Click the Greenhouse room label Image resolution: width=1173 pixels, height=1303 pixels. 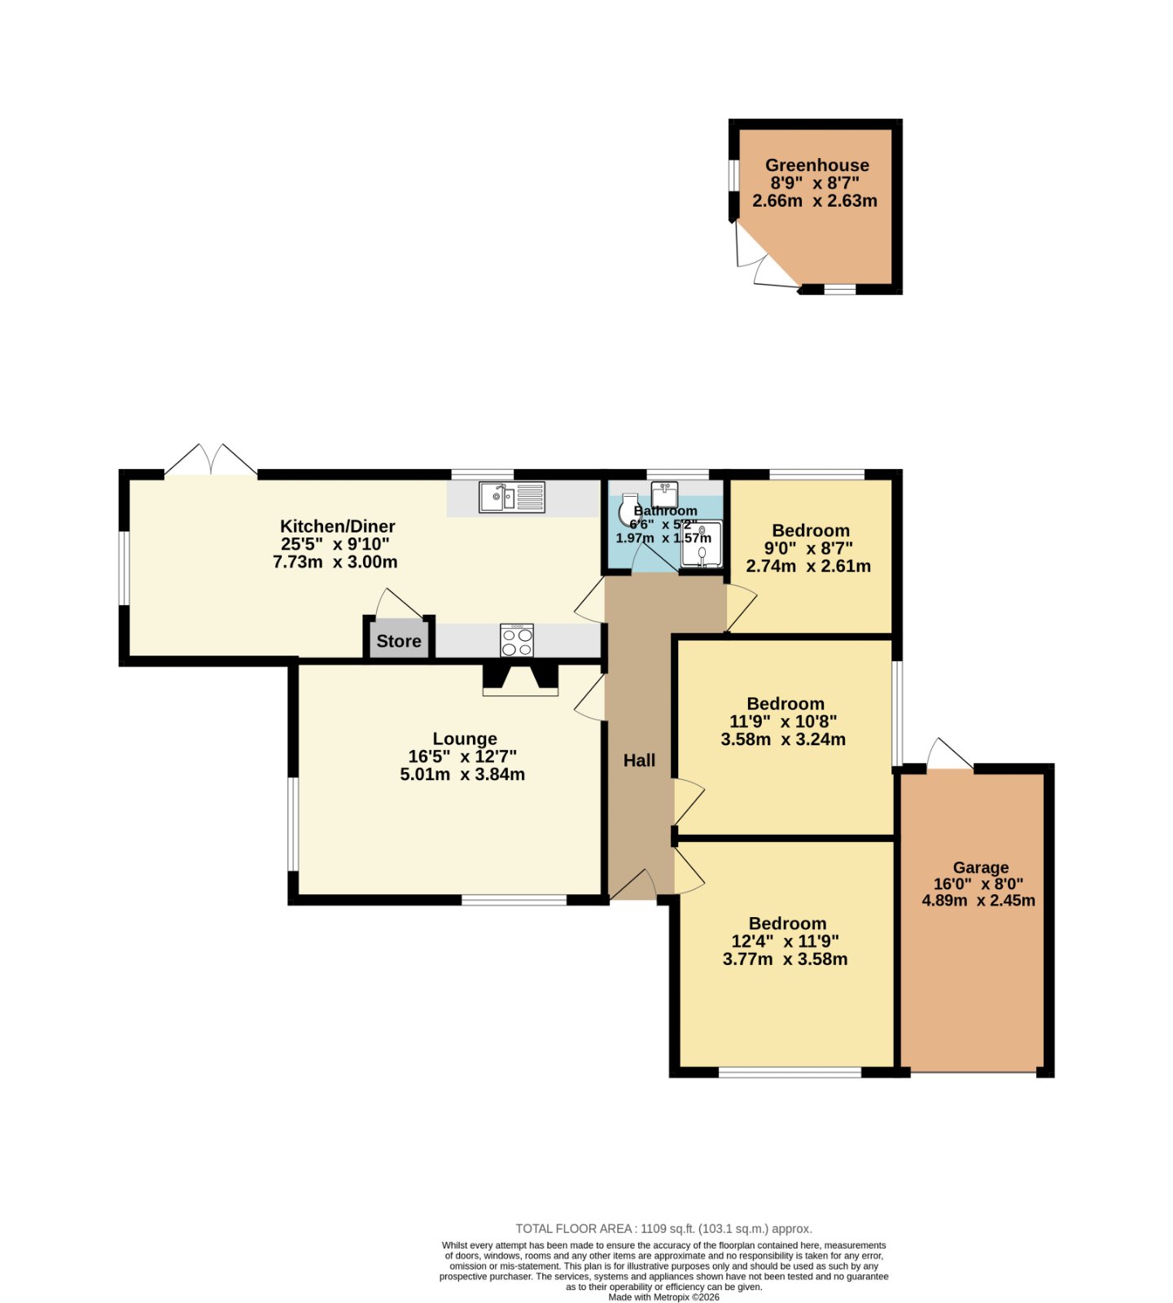pos(816,165)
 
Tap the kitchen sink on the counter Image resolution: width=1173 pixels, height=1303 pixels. pos(512,497)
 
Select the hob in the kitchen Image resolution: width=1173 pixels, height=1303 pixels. pos(517,640)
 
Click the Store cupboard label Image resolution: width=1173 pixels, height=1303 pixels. pos(399,641)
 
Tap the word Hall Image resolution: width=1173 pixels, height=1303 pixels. pos(639,761)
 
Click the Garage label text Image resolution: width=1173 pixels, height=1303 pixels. pos(981,868)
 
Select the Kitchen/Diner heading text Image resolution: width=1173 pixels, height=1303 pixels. pos(338,526)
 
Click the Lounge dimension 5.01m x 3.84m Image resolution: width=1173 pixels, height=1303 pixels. pos(462,774)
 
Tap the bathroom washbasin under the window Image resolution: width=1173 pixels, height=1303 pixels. pos(664,494)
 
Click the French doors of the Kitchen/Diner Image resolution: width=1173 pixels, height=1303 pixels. pos(211,459)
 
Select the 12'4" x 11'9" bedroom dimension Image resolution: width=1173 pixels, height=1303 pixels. pos(785,941)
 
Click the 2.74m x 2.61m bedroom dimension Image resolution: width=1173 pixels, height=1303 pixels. pos(808,566)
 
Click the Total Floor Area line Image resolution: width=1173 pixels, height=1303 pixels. pos(664,1229)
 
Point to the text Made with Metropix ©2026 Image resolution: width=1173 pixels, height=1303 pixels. pos(664,1297)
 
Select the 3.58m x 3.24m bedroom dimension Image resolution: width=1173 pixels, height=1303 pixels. pos(783,739)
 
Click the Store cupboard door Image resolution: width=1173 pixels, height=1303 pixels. pos(399,603)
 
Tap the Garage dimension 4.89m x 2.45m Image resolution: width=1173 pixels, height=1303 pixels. pos(978,901)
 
